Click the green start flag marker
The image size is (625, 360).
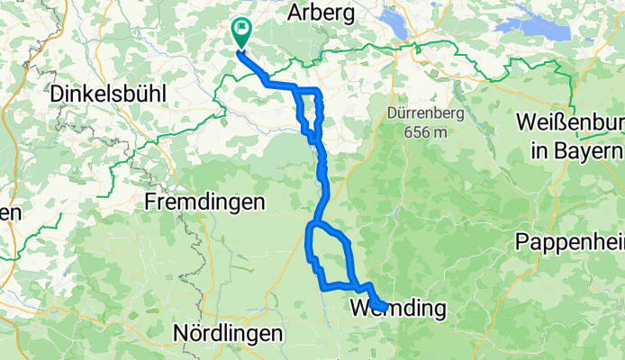tap(242, 32)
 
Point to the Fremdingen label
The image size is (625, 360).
tap(205, 202)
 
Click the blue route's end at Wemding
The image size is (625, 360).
tap(383, 308)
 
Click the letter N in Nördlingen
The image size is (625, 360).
tap(178, 332)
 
